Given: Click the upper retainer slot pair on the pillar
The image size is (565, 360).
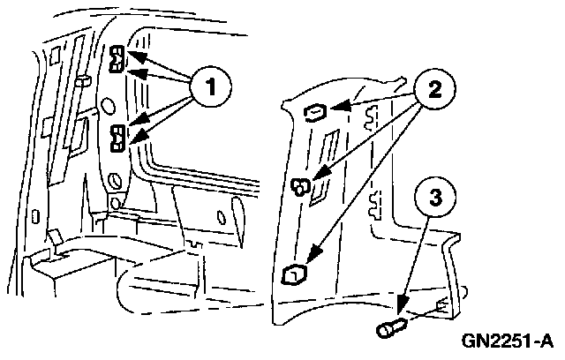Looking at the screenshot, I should tap(117, 62).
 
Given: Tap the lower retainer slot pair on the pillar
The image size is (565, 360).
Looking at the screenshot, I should tap(117, 136).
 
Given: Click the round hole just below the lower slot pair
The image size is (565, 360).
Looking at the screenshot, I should tap(114, 182).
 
